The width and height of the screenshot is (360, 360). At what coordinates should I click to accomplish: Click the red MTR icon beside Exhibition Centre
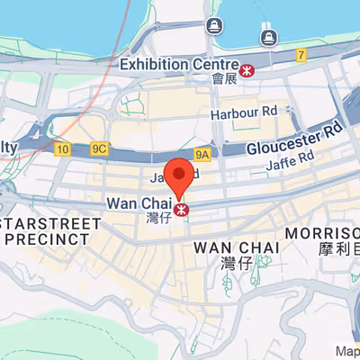(x=246, y=67)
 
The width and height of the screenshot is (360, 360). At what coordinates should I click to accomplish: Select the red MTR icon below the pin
(x=183, y=209)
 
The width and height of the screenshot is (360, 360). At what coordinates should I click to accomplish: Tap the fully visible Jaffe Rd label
(x=290, y=158)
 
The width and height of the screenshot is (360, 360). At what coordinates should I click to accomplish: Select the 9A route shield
(x=202, y=154)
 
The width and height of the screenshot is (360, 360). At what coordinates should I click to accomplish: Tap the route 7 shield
(x=301, y=56)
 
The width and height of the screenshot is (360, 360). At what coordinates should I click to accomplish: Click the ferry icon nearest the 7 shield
(x=267, y=37)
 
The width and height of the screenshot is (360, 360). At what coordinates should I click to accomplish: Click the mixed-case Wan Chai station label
(x=139, y=203)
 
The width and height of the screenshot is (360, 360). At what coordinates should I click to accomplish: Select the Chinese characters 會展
(x=224, y=79)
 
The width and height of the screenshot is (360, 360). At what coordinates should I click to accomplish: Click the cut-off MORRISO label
(x=322, y=233)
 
